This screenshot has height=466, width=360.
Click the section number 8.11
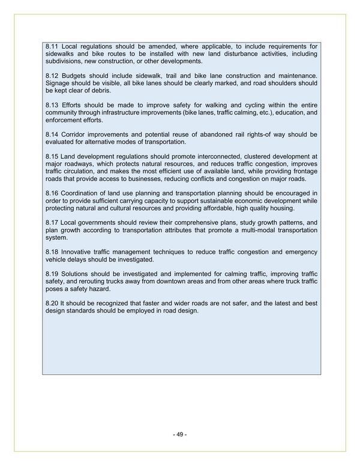click(52, 46)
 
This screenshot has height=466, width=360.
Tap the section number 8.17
click(52, 222)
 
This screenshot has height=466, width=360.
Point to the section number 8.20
click(52, 303)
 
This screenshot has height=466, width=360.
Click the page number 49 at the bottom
click(179, 435)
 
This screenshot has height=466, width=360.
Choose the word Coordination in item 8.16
click(83, 193)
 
